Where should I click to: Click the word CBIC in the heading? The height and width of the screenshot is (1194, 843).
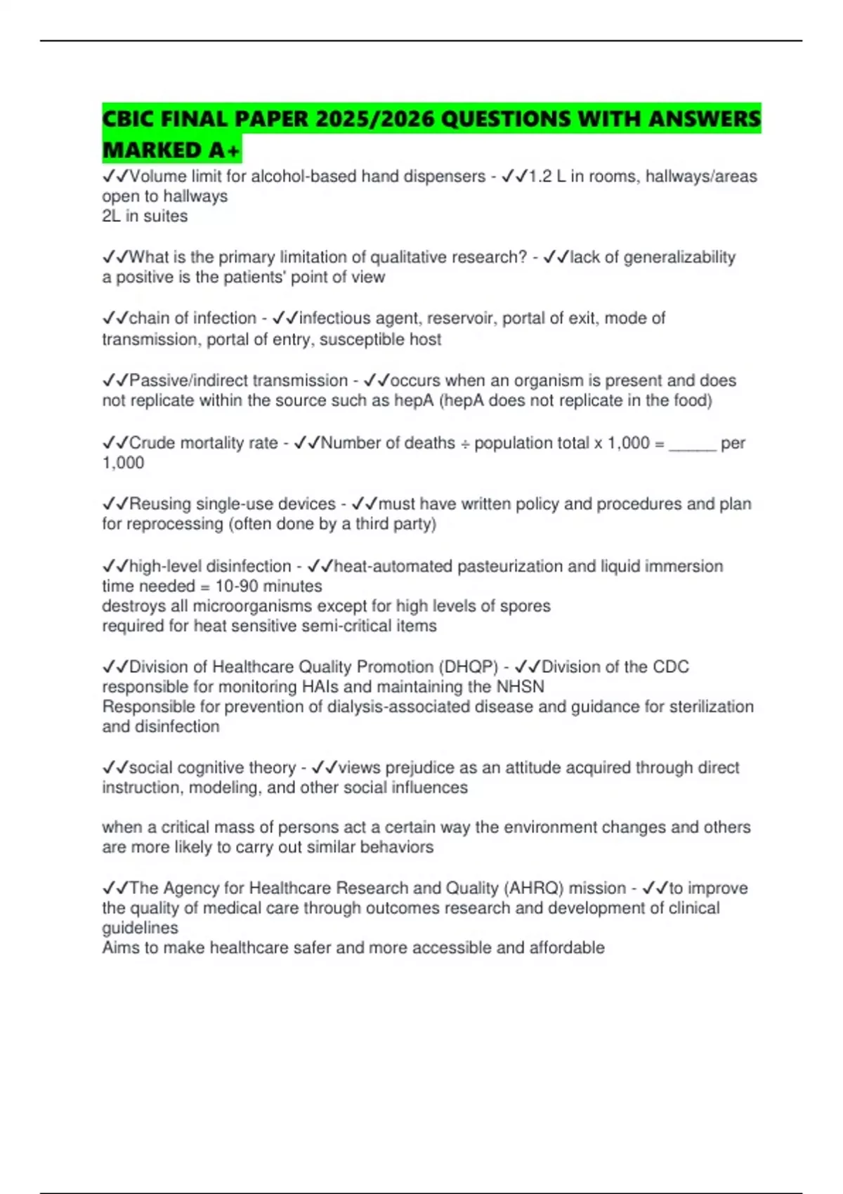(128, 119)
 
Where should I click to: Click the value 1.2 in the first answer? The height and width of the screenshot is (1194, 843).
(540, 176)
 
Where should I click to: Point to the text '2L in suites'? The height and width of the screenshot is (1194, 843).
(145, 216)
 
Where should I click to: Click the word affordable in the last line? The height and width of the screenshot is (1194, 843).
(567, 947)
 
